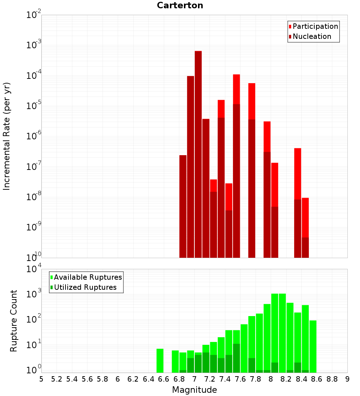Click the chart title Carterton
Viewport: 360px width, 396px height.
coord(180,5)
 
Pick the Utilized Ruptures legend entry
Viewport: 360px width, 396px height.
coord(85,287)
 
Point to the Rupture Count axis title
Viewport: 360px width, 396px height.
coord(14,321)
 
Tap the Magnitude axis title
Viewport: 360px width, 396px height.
coord(194,390)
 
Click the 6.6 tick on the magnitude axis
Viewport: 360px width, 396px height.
coord(164,379)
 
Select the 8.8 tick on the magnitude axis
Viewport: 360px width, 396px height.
coord(332,379)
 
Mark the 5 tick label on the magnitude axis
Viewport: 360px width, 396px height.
coord(41,379)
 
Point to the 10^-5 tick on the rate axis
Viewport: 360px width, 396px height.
coord(34,105)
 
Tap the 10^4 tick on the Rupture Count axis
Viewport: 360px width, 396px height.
coord(34,269)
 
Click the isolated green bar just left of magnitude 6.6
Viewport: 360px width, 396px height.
coord(160,360)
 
